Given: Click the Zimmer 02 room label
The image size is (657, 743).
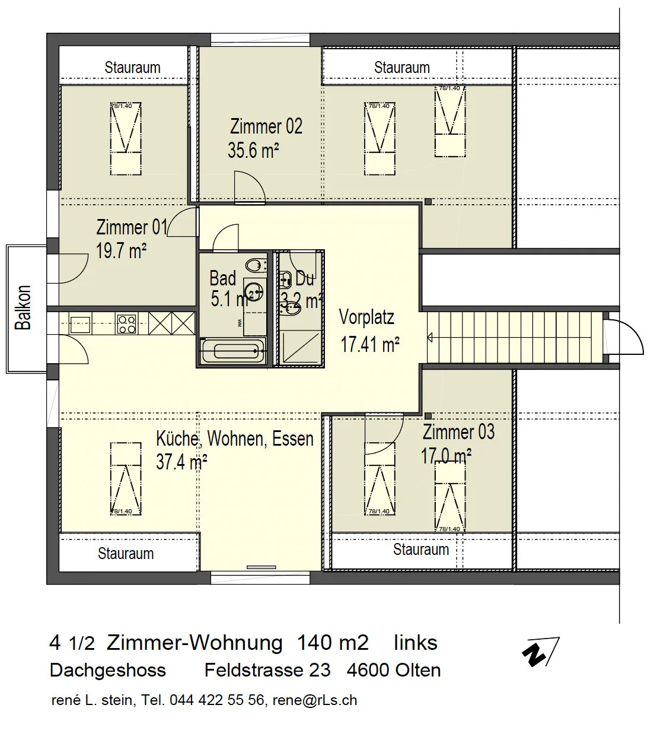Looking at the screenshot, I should (x=266, y=126).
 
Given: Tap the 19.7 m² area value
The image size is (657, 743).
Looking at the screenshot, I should (x=122, y=251).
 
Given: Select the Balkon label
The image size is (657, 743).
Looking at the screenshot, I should (x=23, y=307).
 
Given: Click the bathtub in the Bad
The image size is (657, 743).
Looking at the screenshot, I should (x=232, y=351).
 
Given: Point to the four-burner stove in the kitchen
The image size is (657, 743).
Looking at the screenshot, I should (x=127, y=324).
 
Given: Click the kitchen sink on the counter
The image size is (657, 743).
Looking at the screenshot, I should (x=80, y=325).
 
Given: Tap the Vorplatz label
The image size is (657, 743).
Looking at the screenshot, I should (x=366, y=317).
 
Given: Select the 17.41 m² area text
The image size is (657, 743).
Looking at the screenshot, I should (x=369, y=344).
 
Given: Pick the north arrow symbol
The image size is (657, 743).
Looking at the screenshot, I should (x=538, y=652).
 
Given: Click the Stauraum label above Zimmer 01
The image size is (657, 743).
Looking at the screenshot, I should (x=132, y=68).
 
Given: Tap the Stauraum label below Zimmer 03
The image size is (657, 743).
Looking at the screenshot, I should (x=420, y=550).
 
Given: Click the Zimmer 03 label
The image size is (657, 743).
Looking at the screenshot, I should (x=458, y=431).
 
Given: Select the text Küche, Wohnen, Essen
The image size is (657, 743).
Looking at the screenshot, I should (x=235, y=439).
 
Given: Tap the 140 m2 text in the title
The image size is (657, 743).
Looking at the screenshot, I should (x=333, y=643).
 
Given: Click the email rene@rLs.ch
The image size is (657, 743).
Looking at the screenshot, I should (x=314, y=700).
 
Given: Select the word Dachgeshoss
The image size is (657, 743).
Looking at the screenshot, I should (x=108, y=671).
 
